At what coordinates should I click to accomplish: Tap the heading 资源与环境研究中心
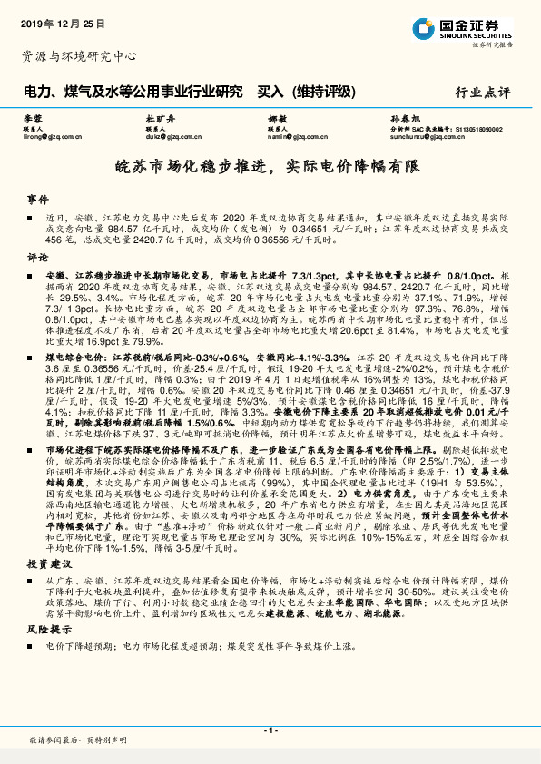click(79, 56)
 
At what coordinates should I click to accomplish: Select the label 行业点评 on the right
click(486, 93)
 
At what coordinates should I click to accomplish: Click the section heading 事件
click(36, 198)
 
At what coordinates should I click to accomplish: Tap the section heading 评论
click(36, 257)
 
